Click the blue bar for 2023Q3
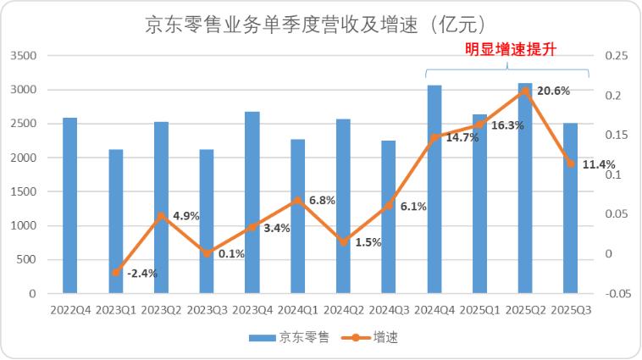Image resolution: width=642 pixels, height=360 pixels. [x=207, y=221]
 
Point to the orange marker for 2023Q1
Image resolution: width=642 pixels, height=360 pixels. [x=116, y=272]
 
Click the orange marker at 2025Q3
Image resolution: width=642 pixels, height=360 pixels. [x=571, y=163]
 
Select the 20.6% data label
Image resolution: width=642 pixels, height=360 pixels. [x=553, y=91]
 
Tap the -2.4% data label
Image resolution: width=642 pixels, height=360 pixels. [x=141, y=273]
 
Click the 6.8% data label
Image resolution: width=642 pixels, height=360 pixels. [x=323, y=201]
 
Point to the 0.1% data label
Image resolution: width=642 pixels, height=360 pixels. [x=231, y=253]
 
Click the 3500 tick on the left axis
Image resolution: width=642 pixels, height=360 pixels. [x=23, y=56]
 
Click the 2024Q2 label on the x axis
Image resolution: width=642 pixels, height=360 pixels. [x=343, y=311]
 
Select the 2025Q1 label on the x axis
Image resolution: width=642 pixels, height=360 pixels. [x=479, y=311]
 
